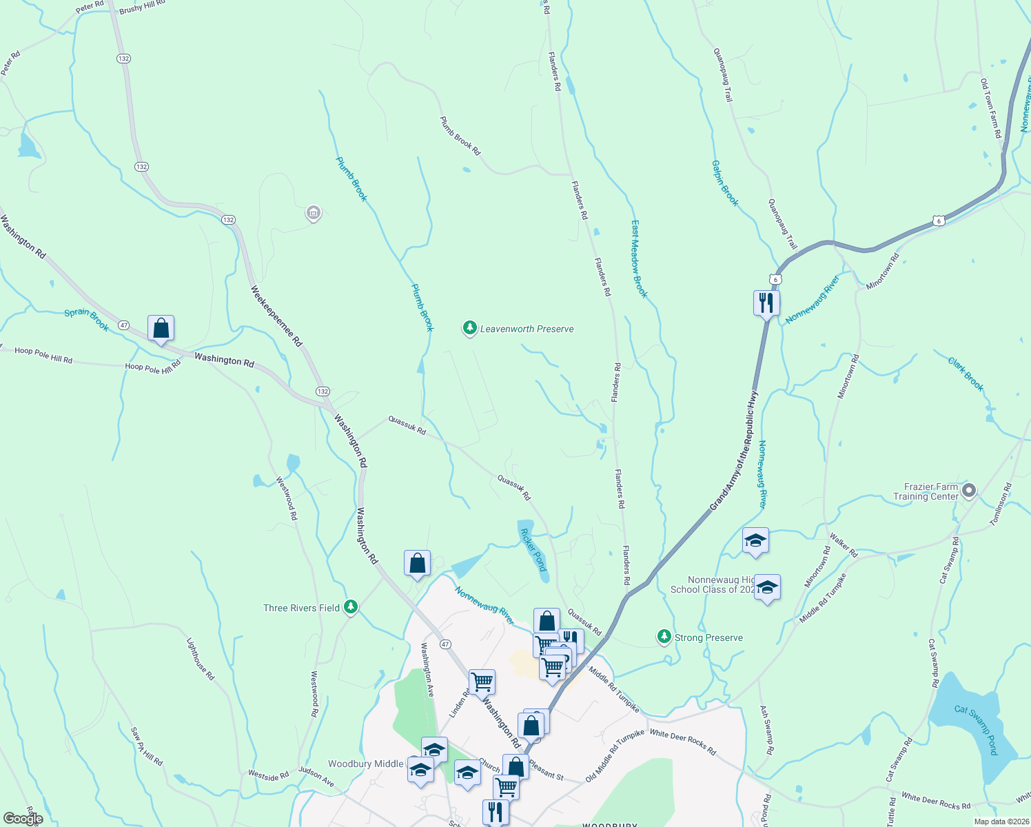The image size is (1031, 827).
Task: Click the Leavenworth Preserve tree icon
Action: [469, 328]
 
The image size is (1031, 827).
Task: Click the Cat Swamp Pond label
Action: [975, 729]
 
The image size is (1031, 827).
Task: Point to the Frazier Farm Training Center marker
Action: [969, 491]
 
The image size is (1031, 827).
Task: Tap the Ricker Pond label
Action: [533, 549]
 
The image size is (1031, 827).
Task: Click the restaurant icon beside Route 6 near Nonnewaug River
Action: [766, 302]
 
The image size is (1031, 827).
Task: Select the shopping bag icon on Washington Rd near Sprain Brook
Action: [161, 327]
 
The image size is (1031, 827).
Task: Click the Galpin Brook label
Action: [724, 183]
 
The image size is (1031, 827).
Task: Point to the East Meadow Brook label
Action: [640, 259]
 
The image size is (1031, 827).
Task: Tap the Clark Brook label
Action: [965, 374]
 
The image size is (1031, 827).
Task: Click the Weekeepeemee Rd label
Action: [276, 315]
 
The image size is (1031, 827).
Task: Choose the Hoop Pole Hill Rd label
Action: [43, 354]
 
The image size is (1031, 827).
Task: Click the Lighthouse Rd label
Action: [201, 659]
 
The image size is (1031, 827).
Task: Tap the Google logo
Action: [23, 819]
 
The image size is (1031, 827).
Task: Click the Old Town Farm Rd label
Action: [991, 108]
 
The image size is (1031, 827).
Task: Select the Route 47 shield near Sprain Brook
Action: [123, 325]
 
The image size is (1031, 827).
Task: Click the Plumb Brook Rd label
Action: [460, 135]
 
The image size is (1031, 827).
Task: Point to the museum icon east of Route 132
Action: [314, 213]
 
